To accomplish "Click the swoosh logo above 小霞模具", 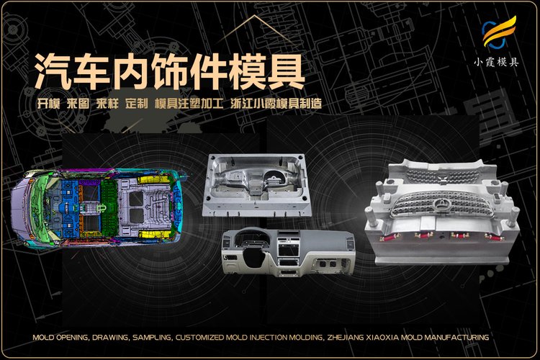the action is tap(499, 32).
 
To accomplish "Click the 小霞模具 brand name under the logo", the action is tap(497, 62).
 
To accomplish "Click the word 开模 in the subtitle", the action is tap(48, 104).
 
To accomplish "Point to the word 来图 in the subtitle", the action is tap(78, 104).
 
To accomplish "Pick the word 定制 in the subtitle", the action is tap(137, 104).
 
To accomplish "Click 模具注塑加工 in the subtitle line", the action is tap(189, 104).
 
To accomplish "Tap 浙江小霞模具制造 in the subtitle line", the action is tap(276, 104).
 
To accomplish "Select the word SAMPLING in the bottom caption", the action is tap(152, 337).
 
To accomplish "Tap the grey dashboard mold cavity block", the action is tap(256, 185).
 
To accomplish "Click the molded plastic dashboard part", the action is tap(288, 251).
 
